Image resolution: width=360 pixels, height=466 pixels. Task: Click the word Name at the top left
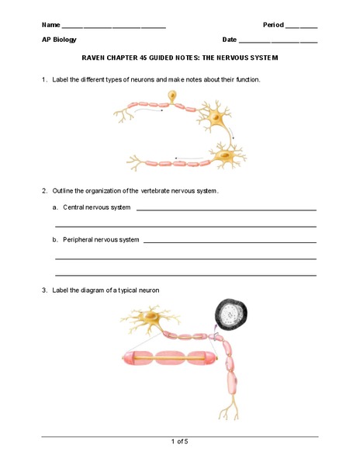(x=50, y=25)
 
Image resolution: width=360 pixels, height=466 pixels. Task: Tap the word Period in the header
(x=274, y=25)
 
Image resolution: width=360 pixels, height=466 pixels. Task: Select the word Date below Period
(x=229, y=40)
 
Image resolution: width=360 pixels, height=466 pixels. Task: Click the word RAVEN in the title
(x=95, y=58)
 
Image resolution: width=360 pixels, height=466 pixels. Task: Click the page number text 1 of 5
(x=179, y=441)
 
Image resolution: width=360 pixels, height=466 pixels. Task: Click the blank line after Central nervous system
(x=226, y=209)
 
